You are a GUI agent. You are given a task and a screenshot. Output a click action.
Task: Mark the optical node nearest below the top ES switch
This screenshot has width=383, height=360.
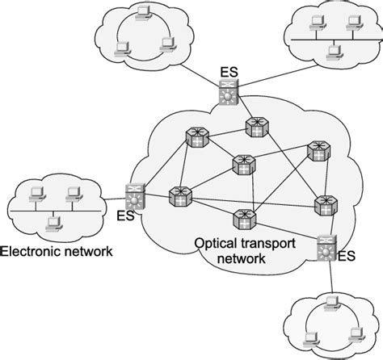pos(252,126)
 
